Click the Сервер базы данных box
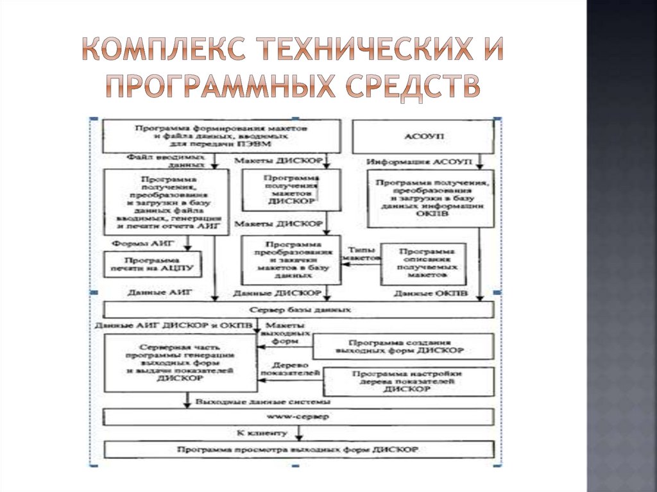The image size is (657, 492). tap(299, 310)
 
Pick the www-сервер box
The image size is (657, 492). tap(299, 417)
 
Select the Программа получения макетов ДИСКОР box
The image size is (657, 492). tap(291, 191)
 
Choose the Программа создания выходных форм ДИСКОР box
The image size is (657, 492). tap(404, 346)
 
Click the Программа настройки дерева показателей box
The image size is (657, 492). tap(408, 381)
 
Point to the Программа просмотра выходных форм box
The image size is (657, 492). tap(299, 450)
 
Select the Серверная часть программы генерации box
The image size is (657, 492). tap(177, 364)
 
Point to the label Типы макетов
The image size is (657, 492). tap(361, 253)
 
